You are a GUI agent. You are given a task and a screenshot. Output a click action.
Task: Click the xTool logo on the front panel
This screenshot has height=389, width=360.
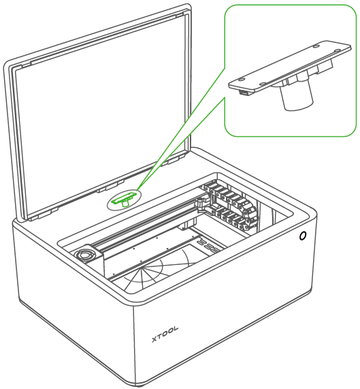pyautogui.click(x=165, y=334)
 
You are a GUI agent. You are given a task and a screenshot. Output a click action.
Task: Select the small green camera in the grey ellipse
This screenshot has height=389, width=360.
pyautogui.click(x=125, y=198)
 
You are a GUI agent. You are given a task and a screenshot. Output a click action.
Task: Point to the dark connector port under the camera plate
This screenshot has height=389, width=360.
pyautogui.click(x=244, y=93)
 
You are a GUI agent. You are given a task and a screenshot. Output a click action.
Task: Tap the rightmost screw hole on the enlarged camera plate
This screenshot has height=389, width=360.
pyautogui.click(x=337, y=51)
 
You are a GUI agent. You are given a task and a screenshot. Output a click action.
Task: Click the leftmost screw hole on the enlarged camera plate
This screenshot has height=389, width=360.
pyautogui.click(x=241, y=80)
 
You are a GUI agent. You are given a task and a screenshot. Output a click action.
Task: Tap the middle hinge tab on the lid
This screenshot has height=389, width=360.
pyautogui.click(x=111, y=186)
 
